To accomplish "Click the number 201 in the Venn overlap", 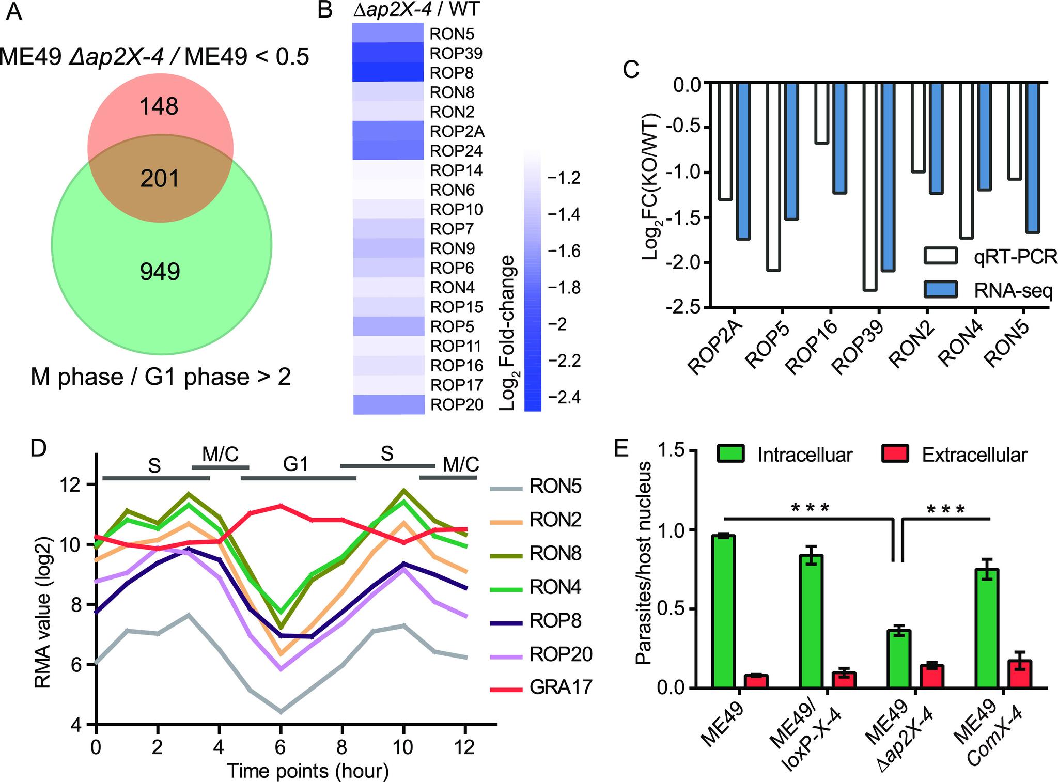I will (x=160, y=179).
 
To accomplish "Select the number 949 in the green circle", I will (x=160, y=272).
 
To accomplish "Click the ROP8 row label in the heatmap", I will (x=452, y=73).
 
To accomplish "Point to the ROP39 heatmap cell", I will (x=388, y=53).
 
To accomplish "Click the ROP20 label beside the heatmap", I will (x=457, y=404).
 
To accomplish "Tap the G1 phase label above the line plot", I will (x=295, y=464).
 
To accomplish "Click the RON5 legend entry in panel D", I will (x=555, y=487).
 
